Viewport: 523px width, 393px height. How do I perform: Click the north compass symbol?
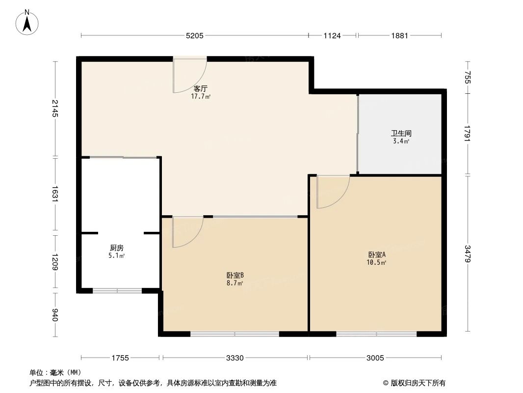tap(28, 22)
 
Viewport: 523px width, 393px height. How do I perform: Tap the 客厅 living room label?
tap(201, 89)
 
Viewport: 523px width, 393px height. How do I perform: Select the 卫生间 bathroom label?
tap(401, 133)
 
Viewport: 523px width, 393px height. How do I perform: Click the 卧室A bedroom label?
tap(377, 255)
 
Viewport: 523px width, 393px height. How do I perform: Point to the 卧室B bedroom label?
tap(235, 276)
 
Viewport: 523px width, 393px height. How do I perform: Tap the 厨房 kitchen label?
tap(116, 248)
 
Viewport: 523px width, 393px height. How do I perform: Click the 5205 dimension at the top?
tap(194, 35)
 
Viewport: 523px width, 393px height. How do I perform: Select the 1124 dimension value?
tap(332, 35)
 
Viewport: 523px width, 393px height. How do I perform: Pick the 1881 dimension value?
tap(399, 35)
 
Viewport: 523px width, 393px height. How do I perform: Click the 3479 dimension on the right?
tap(468, 254)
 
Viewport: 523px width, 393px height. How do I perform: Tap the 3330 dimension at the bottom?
tap(235, 358)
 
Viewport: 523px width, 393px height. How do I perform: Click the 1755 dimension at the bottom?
tap(120, 358)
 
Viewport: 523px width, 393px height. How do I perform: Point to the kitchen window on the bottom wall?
tap(117, 291)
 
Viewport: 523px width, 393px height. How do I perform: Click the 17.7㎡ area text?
tap(201, 96)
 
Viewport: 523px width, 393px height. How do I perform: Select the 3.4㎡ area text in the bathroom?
tap(401, 141)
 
